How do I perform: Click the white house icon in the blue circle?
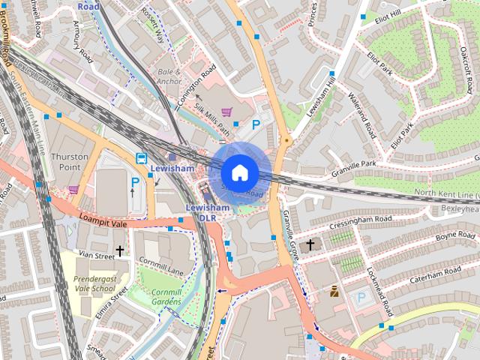point(239,172)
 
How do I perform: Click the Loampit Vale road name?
point(102,220)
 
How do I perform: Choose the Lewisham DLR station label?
point(207,212)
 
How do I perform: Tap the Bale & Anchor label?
point(169,76)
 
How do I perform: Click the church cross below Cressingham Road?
point(310,244)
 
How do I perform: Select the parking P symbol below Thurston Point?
point(136,181)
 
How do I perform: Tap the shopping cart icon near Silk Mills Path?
point(226,112)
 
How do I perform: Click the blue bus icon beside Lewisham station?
point(140,158)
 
